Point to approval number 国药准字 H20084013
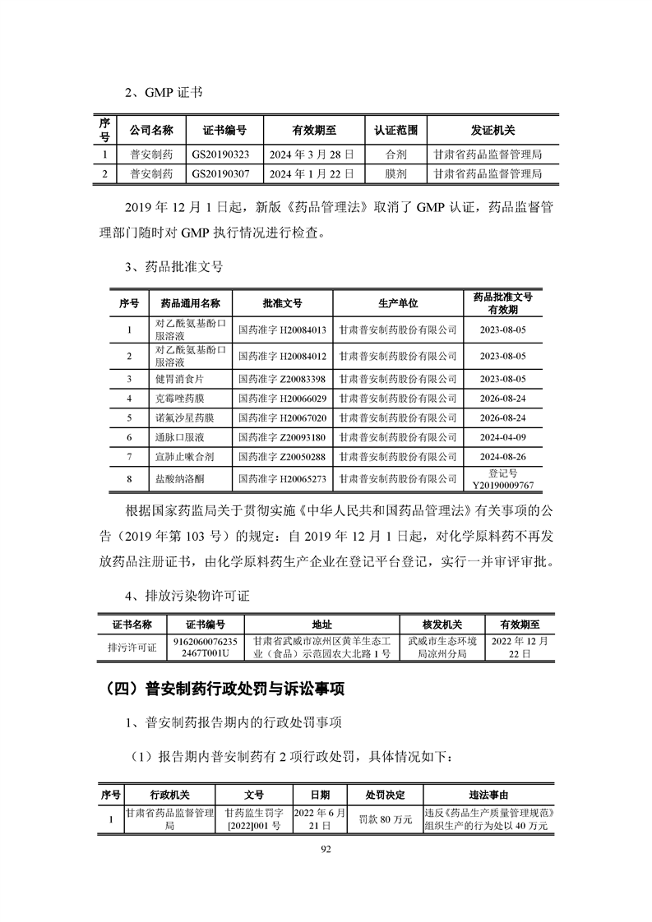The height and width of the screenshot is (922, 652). pyautogui.click(x=281, y=330)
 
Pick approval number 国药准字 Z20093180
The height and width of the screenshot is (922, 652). pyautogui.click(x=281, y=438)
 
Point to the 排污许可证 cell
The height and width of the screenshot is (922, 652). pyautogui.click(x=132, y=647)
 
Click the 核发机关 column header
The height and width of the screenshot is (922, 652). pyautogui.click(x=442, y=625)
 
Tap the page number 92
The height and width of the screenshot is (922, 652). pyautogui.click(x=326, y=851)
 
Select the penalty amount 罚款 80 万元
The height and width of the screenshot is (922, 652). pyautogui.click(x=386, y=819)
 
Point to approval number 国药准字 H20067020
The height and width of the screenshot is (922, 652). pyautogui.click(x=281, y=418)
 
